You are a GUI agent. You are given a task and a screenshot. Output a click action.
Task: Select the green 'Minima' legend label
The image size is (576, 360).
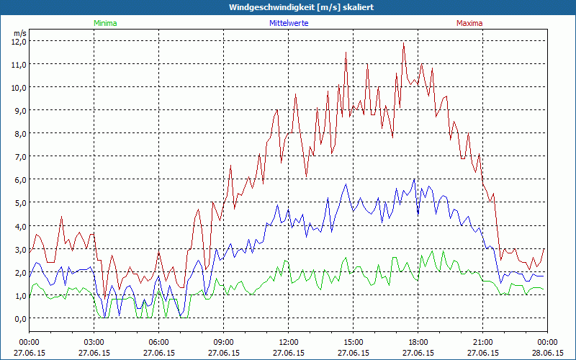click(104, 23)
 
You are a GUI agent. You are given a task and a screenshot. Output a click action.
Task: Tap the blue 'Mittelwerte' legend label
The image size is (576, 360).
click(289, 23)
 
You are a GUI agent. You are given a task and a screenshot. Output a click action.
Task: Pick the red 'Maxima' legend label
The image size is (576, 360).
click(469, 23)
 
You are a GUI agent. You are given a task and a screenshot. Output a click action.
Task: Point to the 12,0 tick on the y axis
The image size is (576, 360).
click(18, 41)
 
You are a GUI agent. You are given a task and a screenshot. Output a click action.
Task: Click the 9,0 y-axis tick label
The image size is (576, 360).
click(18, 110)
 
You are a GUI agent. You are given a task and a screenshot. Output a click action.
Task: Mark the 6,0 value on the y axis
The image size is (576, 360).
click(18, 179)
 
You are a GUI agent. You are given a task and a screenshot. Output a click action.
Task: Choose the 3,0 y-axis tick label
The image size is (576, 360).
click(18, 249)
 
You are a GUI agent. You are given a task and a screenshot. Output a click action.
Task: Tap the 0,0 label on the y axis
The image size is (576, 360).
click(18, 318)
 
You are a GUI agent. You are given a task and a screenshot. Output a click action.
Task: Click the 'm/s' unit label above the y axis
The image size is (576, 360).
click(19, 33)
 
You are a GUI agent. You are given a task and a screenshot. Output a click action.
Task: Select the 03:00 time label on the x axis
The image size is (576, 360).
click(94, 342)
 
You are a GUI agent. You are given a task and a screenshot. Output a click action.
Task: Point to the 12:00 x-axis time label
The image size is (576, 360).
click(289, 342)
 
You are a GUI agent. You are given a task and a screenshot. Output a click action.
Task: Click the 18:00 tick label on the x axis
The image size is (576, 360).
click(418, 342)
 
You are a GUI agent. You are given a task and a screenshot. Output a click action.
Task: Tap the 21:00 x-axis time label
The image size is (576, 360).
click(483, 342)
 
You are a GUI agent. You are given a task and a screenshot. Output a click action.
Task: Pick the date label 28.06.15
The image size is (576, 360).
click(547, 354)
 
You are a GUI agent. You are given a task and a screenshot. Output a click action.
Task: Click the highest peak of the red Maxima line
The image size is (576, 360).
click(404, 42)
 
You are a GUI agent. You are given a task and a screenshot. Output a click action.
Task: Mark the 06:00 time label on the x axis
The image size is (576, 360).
click(159, 342)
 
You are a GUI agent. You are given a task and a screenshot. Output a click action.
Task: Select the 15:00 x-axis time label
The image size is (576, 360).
click(354, 342)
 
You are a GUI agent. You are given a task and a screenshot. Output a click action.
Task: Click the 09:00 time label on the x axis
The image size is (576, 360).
click(224, 342)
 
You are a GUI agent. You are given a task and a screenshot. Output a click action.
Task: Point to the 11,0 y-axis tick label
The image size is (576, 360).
click(18, 64)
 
